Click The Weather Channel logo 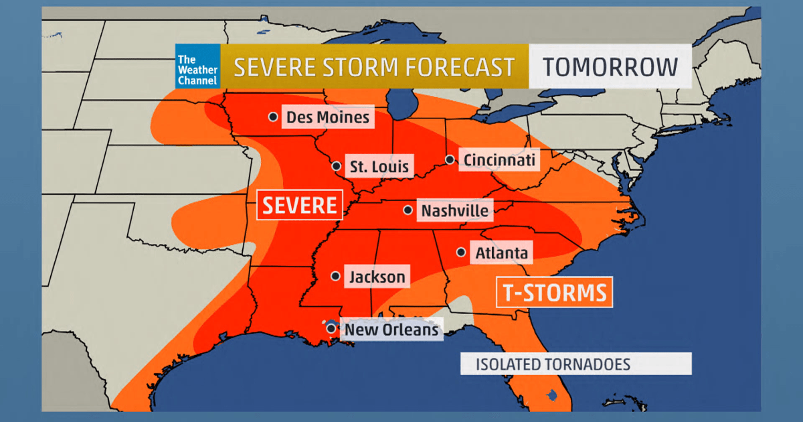(197, 66)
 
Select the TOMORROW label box (610, 66)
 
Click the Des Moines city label (327, 118)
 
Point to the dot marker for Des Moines (273, 117)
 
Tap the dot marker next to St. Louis (335, 165)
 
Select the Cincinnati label (499, 160)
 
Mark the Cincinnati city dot (450, 159)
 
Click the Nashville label (454, 211)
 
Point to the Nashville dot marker (408, 210)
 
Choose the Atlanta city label (501, 253)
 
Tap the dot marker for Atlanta (461, 253)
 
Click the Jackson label (376, 277)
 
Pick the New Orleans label (391, 330)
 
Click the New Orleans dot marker (331, 328)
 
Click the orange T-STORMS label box (554, 292)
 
